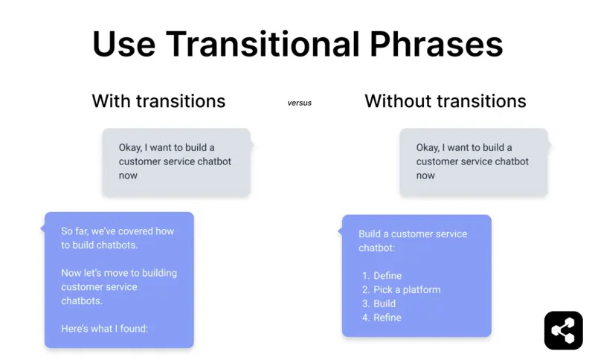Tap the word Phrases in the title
[x=434, y=45]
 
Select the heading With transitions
[x=158, y=101]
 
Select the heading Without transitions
[x=446, y=101]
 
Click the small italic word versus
[x=300, y=103]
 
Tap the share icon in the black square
[x=563, y=330]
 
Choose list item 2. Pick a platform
[x=401, y=290]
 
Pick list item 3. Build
[x=379, y=303]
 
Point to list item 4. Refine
[x=382, y=318]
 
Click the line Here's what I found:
[x=105, y=329]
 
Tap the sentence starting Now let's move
[x=119, y=273]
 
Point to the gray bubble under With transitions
[x=176, y=162]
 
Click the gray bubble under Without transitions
[x=474, y=162]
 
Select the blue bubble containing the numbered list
[x=416, y=275]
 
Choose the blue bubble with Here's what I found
[x=119, y=280]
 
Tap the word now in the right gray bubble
[x=425, y=176]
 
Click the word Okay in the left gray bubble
[x=132, y=147]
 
